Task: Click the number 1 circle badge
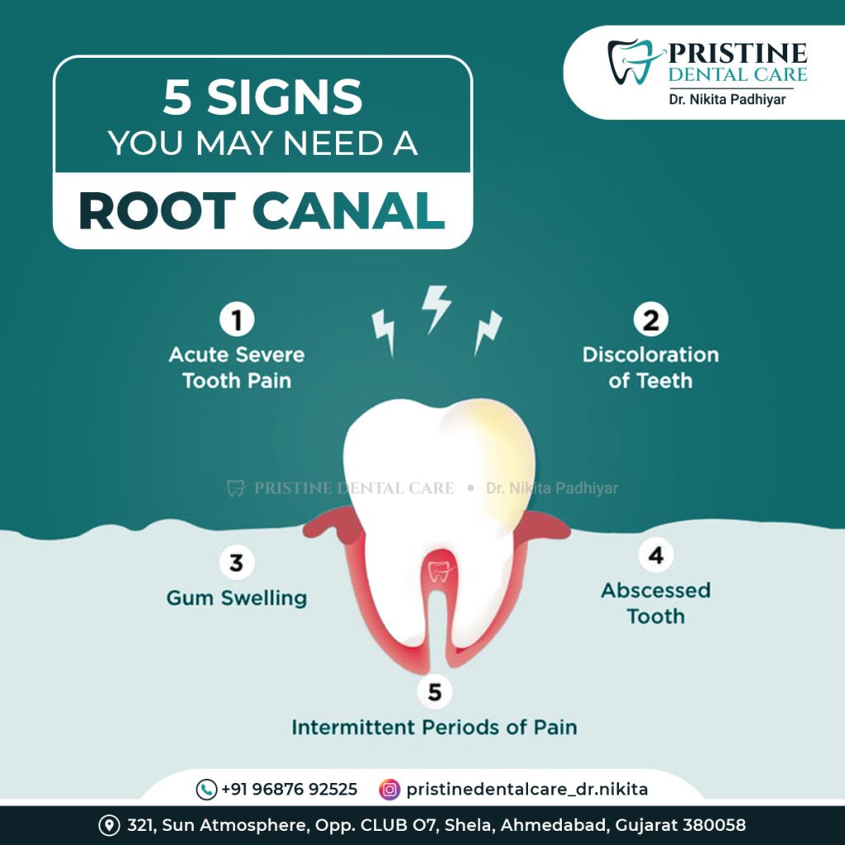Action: (x=237, y=320)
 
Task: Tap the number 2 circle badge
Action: (x=651, y=320)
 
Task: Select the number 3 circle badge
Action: (x=236, y=564)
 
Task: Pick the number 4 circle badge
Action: (x=655, y=556)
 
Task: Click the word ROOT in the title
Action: (x=157, y=211)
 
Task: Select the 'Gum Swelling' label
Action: (x=237, y=597)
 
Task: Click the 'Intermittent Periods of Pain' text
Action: (x=434, y=728)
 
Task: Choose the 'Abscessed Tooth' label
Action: (x=656, y=603)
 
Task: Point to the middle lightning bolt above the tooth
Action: (x=436, y=306)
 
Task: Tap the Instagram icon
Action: (x=389, y=789)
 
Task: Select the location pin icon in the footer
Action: (x=108, y=825)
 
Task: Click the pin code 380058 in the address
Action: (x=711, y=825)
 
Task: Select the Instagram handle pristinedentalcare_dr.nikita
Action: (x=527, y=790)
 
